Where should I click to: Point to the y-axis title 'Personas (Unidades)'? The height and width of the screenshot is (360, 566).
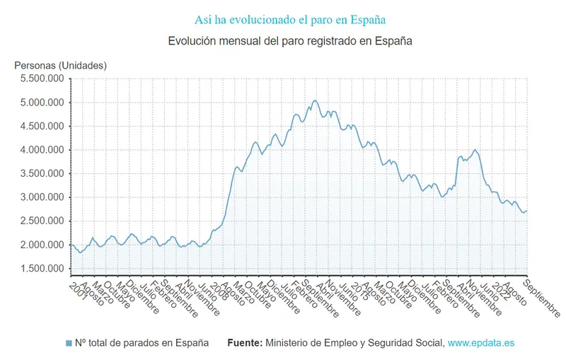point(60,65)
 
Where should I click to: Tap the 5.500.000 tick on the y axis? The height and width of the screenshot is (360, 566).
point(42,79)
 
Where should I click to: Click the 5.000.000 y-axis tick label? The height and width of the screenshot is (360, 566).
point(42,103)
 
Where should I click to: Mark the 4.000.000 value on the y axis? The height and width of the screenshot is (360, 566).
point(42,150)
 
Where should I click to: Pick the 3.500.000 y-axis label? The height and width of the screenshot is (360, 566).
point(42,173)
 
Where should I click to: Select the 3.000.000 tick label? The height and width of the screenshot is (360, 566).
point(42,197)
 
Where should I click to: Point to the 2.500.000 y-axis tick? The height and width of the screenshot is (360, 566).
point(42,221)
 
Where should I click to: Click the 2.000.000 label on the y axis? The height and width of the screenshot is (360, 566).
point(42,245)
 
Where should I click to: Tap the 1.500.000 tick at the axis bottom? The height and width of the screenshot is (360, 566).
point(42,269)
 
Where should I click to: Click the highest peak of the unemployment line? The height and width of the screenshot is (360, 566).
point(315,100)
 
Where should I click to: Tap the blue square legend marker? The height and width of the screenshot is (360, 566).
point(69,343)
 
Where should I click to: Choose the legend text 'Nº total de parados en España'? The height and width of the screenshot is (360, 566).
point(141,343)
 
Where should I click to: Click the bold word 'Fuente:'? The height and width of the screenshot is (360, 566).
point(245,343)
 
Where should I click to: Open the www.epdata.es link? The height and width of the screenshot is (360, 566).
point(481,343)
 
